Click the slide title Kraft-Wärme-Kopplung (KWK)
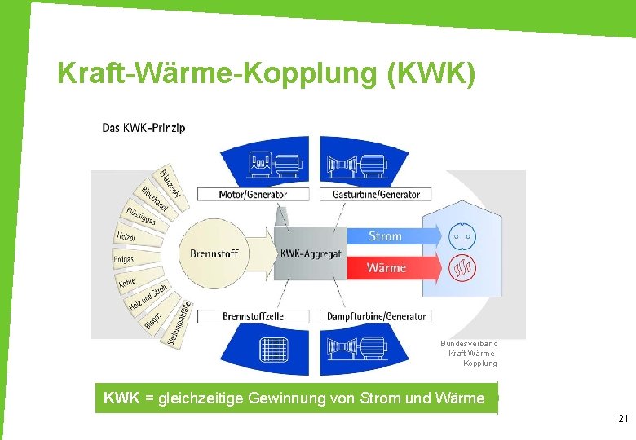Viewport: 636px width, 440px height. pos(266,73)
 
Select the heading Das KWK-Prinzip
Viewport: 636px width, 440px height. pos(144,127)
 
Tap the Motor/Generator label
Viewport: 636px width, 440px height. pos(253,194)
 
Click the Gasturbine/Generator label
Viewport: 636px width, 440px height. pos(376,194)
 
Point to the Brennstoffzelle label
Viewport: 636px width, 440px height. pos(253,316)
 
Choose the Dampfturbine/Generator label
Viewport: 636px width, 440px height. pos(376,316)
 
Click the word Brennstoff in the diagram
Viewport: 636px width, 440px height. pos(214,253)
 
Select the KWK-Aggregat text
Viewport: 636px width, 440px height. pos(311,253)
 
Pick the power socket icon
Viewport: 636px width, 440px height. pos(462,236)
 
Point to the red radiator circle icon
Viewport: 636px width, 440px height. pos(462,268)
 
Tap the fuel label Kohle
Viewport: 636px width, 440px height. pos(127,283)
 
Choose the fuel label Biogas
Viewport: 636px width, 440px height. pos(153,322)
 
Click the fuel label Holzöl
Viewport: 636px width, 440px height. pos(126,235)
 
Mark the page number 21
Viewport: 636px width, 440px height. pos(623,419)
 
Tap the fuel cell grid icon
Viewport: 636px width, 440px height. pos(269,349)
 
